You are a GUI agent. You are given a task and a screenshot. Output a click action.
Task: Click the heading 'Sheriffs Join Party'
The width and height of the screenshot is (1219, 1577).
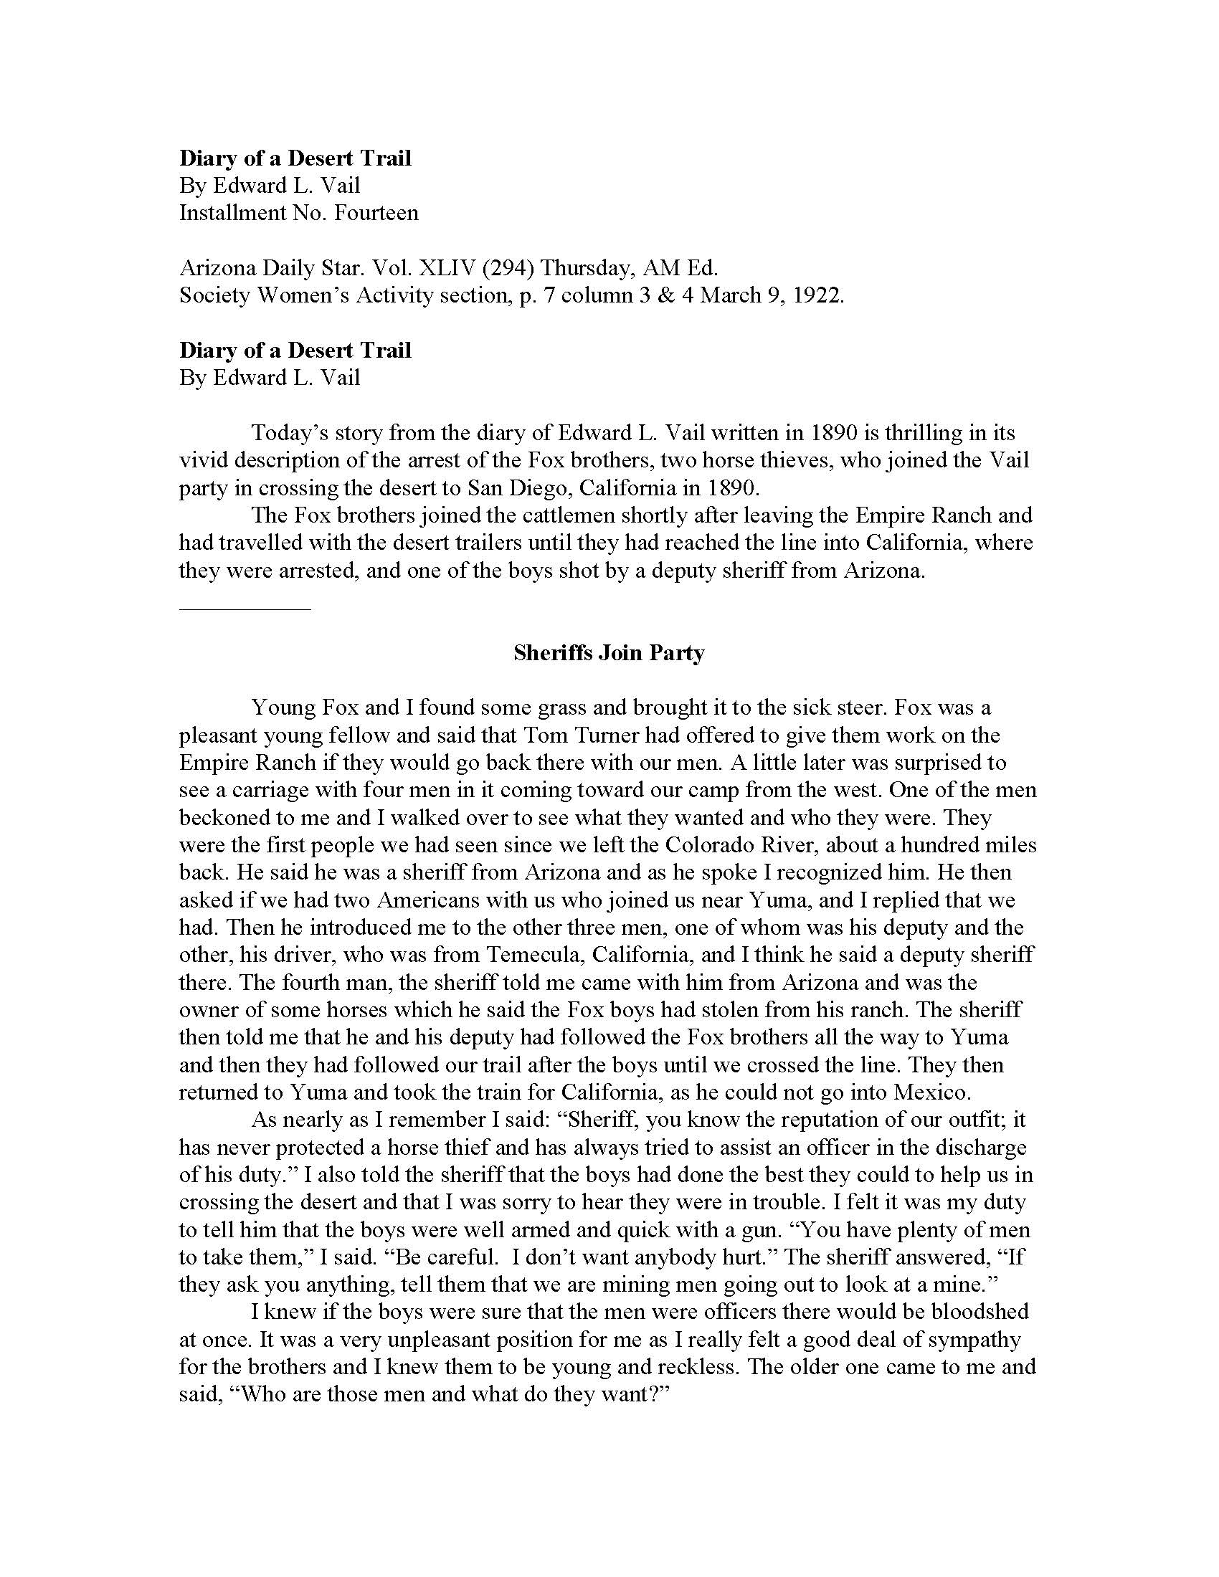click(x=609, y=654)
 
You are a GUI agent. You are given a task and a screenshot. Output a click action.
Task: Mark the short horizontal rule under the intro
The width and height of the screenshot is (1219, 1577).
click(x=245, y=609)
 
